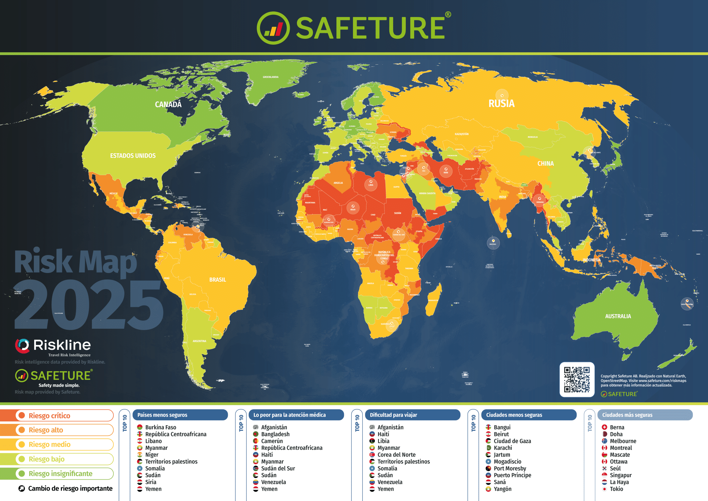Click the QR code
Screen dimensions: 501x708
577,380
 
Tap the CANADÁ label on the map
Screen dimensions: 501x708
168,104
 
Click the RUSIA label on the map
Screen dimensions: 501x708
501,103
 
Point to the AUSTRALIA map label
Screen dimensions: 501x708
618,316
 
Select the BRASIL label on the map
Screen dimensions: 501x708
217,280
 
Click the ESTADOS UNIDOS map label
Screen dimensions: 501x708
133,156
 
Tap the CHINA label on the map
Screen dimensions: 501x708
545,164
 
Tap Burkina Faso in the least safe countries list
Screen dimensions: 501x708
160,427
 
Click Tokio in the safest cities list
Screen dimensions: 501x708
616,489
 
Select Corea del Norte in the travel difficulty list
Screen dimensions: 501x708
396,455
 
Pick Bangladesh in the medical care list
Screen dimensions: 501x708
275,434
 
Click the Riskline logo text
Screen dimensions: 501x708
62,345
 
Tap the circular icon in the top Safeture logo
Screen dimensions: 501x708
273,28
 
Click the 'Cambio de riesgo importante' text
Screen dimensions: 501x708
70,489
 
